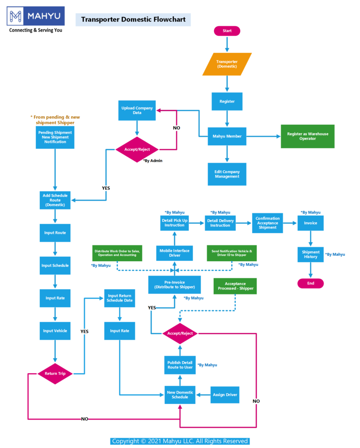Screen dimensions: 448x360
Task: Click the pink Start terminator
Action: (227, 31)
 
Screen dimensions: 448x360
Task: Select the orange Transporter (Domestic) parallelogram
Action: (227, 64)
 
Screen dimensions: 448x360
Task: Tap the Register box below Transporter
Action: (227, 101)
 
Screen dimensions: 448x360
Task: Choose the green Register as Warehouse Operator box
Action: (307, 136)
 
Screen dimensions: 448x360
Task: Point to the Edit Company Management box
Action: (227, 174)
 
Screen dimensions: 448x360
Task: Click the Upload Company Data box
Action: (138, 110)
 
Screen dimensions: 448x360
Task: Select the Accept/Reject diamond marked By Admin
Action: (137, 149)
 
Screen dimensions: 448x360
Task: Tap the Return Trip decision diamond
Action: (55, 374)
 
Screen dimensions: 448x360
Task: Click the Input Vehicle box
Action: (55, 331)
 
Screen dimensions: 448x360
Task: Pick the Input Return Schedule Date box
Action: (120, 298)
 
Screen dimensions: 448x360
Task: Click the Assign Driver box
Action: (225, 395)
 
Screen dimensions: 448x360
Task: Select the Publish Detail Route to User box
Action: (180, 365)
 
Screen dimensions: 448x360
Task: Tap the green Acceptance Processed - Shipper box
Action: (236, 286)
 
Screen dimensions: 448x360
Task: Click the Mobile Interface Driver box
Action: (174, 253)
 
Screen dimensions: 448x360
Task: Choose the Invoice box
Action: (311, 223)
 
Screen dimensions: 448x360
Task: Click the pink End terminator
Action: (311, 283)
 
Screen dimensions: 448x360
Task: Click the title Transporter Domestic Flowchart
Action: (133, 19)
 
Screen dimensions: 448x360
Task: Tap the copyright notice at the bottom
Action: (180, 441)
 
